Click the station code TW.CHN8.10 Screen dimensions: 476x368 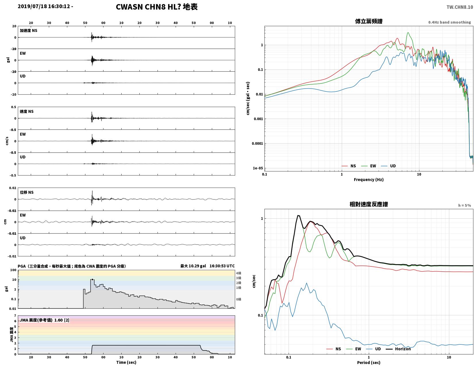[x=460, y=7]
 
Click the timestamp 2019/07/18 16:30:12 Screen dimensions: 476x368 [x=44, y=6]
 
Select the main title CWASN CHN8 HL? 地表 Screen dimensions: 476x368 [x=157, y=7]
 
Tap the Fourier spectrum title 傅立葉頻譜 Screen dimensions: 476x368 [x=369, y=21]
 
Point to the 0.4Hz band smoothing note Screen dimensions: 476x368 [x=450, y=22]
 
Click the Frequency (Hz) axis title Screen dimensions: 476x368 [x=369, y=180]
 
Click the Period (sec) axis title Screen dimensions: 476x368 [x=369, y=363]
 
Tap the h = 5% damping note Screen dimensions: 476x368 [x=465, y=205]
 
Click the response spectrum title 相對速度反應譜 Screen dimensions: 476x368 [x=369, y=204]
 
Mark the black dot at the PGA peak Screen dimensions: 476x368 [x=93, y=279]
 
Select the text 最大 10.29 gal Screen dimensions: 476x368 [x=193, y=266]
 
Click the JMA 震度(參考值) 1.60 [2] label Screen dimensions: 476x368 [x=45, y=320]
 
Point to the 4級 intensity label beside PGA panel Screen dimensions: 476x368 [x=239, y=273]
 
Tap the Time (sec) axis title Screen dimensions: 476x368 [x=126, y=362]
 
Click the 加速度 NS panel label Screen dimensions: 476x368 [x=28, y=30]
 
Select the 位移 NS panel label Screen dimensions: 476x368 [x=27, y=192]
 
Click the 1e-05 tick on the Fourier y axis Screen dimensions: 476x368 [x=258, y=168]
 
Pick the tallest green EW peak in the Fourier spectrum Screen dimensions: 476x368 [x=408, y=33]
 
